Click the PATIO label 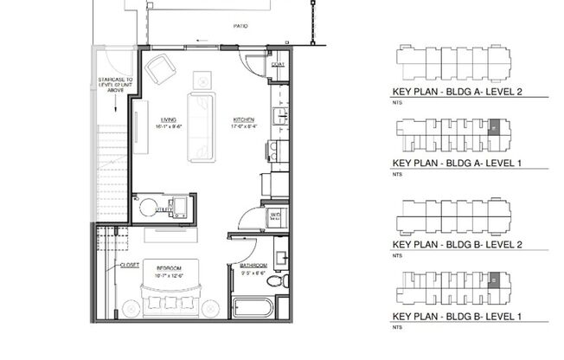pyautogui.click(x=240, y=27)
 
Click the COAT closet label pyautogui.click(x=279, y=66)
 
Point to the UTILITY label pyautogui.click(x=163, y=209)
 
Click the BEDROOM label pyautogui.click(x=169, y=269)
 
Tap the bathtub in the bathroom pyautogui.click(x=253, y=307)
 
